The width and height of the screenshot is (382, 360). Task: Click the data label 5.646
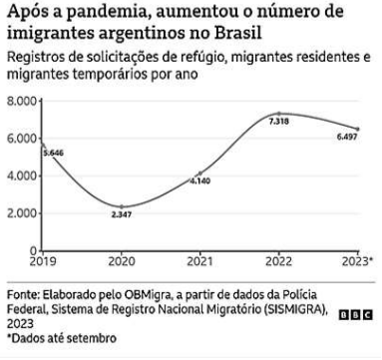tap(51, 153)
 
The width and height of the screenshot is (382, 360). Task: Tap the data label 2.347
tap(121, 214)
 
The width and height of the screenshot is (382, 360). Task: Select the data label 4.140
tap(200, 181)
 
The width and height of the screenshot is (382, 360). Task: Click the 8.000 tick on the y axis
tap(23, 102)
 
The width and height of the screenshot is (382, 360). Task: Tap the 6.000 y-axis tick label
tap(23, 139)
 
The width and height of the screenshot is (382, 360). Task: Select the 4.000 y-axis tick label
tap(23, 177)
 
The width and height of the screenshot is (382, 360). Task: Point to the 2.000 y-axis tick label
tap(23, 213)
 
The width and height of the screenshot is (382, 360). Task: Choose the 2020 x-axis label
tap(121, 261)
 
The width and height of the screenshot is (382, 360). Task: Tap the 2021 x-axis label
tap(200, 261)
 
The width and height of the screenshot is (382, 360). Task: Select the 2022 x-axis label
tap(279, 261)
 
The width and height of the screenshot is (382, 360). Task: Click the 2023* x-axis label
tap(356, 261)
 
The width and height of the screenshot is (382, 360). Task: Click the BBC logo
tap(357, 313)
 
